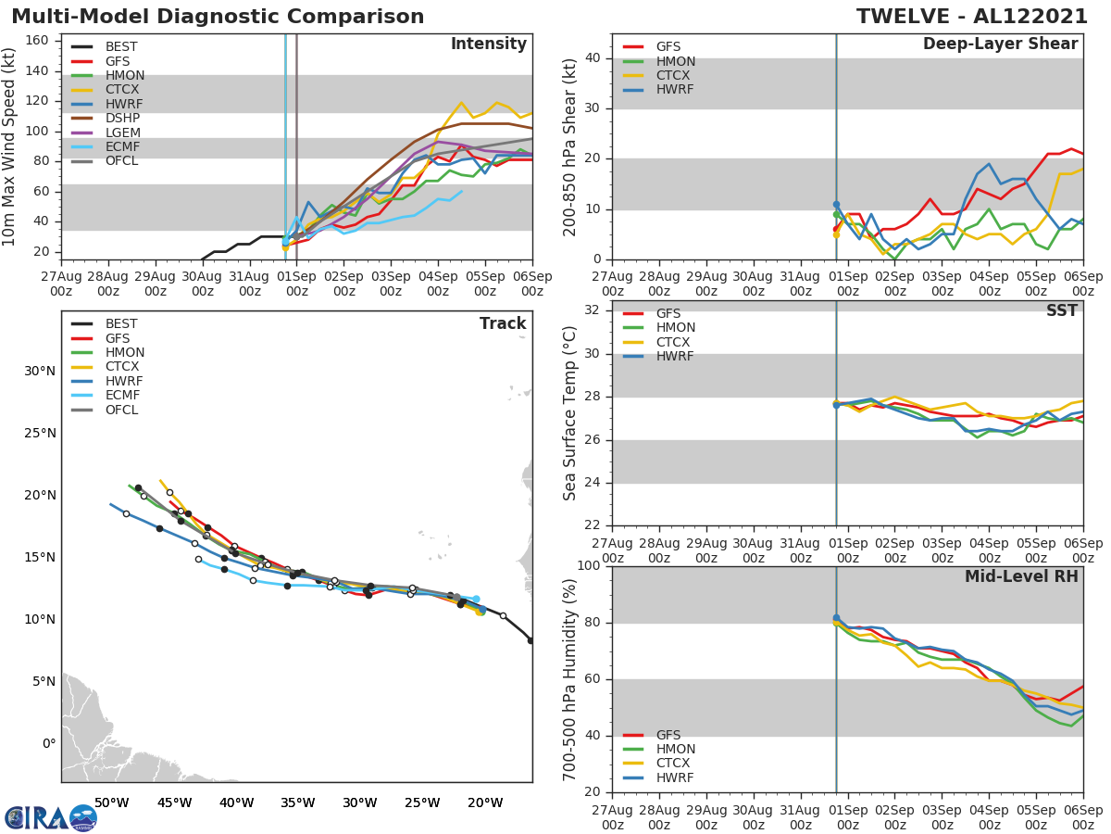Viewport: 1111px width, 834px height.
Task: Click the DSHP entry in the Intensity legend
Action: [x=122, y=119]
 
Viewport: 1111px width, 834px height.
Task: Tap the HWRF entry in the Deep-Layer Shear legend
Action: [x=674, y=90]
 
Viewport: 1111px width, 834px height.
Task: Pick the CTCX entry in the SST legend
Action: [x=674, y=342]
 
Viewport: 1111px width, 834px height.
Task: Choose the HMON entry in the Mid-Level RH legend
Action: [x=674, y=749]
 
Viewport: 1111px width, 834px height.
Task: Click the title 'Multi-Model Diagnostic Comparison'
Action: [x=218, y=17]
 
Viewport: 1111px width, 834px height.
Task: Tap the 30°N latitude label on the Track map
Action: [x=40, y=372]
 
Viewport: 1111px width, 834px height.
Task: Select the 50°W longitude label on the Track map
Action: [x=111, y=802]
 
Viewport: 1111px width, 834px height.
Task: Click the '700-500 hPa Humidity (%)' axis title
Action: [x=570, y=679]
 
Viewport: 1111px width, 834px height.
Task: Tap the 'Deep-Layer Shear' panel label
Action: [x=1000, y=44]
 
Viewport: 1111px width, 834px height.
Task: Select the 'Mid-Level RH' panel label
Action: [x=1021, y=577]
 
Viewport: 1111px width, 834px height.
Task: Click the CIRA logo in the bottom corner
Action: [x=51, y=817]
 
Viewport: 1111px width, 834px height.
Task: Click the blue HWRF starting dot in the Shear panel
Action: [x=836, y=204]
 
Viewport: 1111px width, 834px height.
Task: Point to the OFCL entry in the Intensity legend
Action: [x=122, y=162]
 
